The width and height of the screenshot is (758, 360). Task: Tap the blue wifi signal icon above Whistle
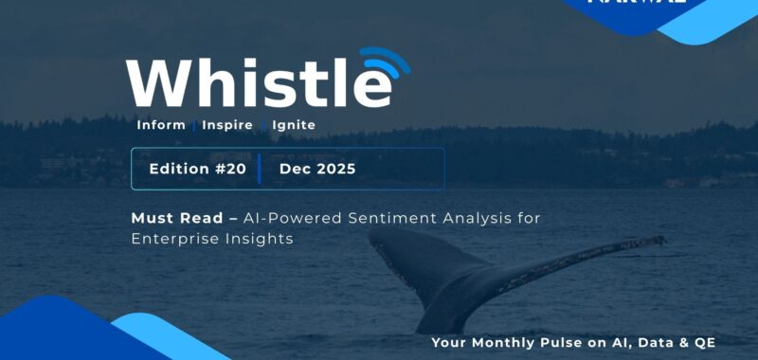383,64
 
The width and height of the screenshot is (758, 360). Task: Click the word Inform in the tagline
161,125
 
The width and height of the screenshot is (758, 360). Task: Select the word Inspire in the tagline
228,125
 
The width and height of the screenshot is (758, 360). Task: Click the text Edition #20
197,169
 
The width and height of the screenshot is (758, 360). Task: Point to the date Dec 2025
317,169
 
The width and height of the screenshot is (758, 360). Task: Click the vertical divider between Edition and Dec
260,169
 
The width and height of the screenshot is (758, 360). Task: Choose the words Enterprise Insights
212,240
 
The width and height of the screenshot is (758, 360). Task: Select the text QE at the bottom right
703,342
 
